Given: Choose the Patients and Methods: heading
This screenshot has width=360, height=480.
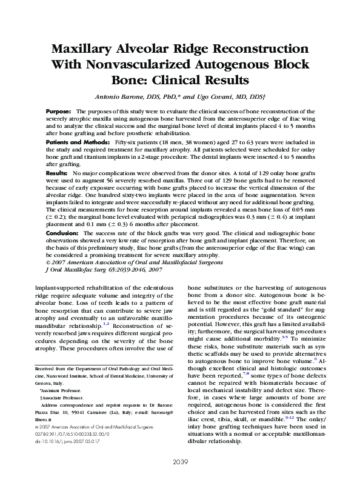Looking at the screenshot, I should click(x=78, y=141).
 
